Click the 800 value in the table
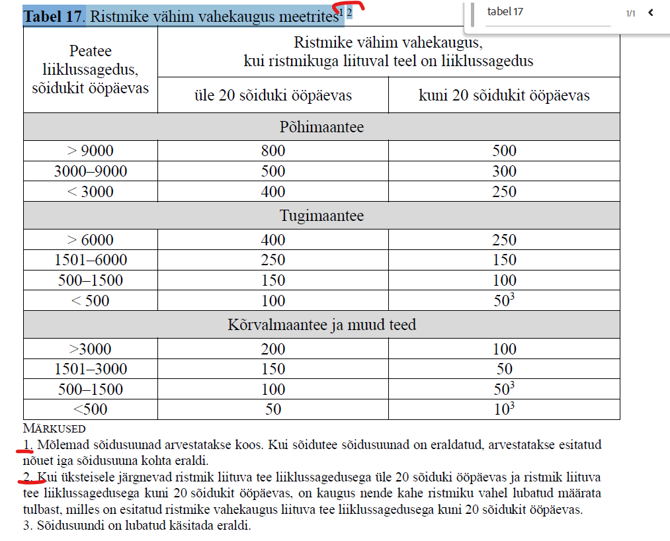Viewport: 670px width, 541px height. [273, 151]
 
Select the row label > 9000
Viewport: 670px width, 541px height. [91, 151]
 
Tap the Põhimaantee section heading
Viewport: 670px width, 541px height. [321, 127]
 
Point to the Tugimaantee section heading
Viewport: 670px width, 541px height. [321, 216]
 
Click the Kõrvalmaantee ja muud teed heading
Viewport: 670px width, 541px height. [321, 325]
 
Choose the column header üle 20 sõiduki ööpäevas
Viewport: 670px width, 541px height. [273, 95]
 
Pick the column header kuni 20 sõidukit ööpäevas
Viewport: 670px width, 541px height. [504, 95]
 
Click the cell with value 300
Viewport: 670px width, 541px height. [504, 171]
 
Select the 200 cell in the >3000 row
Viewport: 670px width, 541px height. [273, 349]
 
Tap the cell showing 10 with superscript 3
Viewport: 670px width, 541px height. [504, 409]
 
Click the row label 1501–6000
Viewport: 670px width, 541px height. [91, 260]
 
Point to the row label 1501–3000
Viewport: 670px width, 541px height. [91, 369]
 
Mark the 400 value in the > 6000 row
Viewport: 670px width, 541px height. [273, 240]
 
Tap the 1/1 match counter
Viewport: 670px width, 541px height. [630, 13]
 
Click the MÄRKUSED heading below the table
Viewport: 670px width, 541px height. [54, 429]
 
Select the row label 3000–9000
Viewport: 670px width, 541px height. [91, 171]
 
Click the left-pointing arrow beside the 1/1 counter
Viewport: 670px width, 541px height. [651, 13]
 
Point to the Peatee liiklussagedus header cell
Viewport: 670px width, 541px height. [91, 69]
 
